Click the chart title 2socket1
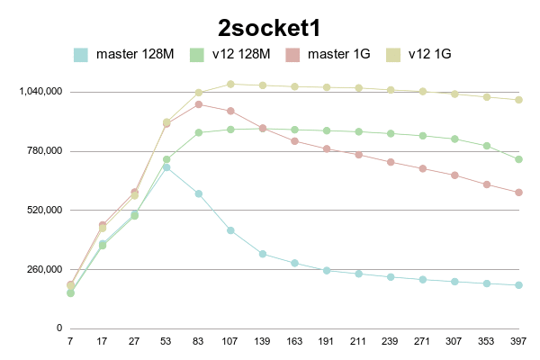click(270, 27)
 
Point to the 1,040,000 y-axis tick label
click(39, 92)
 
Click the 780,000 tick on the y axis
click(42, 151)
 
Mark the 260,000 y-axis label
click(42, 269)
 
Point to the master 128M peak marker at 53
click(166, 166)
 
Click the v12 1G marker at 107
click(230, 84)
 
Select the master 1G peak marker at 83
click(198, 104)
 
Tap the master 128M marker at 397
click(519, 285)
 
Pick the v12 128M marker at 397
click(519, 159)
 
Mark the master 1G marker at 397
click(519, 193)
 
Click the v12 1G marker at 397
click(519, 100)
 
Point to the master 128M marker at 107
click(230, 230)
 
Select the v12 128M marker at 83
click(198, 132)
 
